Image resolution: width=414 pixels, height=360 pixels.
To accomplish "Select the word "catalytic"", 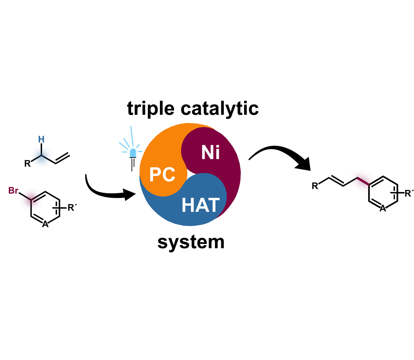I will pos(220,109).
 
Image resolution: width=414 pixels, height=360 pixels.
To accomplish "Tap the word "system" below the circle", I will pos(191,242).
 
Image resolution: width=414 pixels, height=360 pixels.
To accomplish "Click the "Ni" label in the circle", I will pos(210,153).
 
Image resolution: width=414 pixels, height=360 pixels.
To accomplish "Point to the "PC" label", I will pos(162,175).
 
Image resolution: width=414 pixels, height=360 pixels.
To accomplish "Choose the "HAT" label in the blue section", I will pos(200,205).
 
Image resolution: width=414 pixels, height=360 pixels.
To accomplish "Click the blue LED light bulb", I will pos(133,153).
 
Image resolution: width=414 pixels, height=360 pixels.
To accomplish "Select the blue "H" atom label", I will pos(41,139).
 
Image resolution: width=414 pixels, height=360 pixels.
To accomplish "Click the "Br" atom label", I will pos(13,191).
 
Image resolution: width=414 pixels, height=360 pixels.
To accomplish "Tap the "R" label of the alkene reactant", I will pos(28,164).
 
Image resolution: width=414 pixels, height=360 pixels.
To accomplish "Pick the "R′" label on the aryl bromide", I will pos(72,207).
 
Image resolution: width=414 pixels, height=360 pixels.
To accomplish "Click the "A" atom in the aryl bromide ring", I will pos(45,224).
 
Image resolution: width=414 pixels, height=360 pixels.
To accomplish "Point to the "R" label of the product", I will pos(315,186).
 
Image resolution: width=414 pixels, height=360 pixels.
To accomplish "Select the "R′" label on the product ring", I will pos(409,193).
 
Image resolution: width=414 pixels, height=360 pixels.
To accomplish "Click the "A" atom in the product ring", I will pos(383,209).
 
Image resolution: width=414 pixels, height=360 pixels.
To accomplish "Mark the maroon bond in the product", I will pos(363,181).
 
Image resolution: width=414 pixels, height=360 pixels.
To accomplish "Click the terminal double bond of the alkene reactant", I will pos(63,159).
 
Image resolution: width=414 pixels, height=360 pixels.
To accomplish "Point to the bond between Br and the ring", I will pos(25,196).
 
